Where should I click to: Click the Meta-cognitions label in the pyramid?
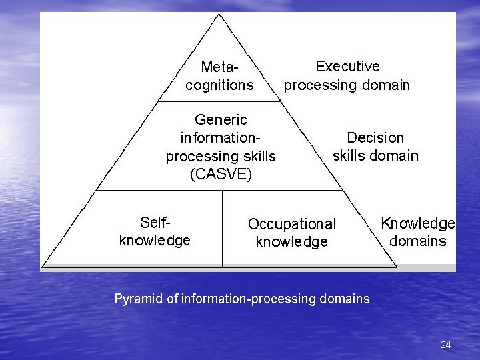[x=219, y=76]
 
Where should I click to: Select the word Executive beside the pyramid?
[x=347, y=67]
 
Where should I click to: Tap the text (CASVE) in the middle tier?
[x=221, y=175]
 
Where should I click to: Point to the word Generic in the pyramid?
[x=221, y=120]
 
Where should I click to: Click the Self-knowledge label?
[x=155, y=231]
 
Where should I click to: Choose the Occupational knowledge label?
[x=292, y=233]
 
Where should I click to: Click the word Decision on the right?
[x=375, y=137]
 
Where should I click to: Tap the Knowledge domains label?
[x=418, y=232]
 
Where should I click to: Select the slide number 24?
[x=446, y=345]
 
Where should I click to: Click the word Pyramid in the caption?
[x=139, y=299]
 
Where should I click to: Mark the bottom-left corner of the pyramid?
[x=43, y=267]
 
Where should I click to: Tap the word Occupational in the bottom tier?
[x=292, y=224]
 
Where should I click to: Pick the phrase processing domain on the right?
[x=347, y=85]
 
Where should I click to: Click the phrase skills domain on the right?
[x=375, y=156]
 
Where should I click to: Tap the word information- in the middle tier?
[x=221, y=138]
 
